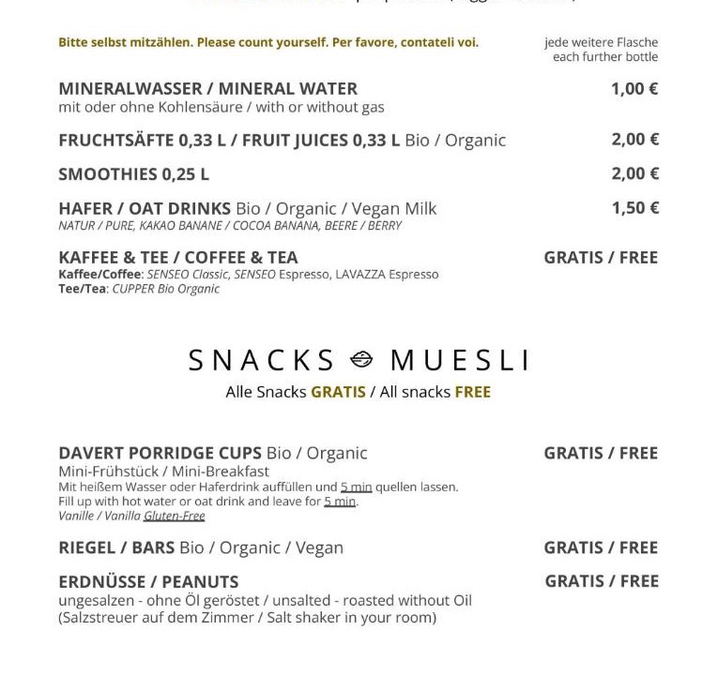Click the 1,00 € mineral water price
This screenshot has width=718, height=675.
click(634, 89)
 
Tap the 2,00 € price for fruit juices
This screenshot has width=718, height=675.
click(634, 140)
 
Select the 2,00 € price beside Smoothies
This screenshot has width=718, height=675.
click(634, 173)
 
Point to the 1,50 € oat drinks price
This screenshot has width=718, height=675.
click(634, 208)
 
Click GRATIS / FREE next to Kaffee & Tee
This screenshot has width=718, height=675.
click(601, 258)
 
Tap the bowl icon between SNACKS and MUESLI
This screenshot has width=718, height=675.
click(362, 360)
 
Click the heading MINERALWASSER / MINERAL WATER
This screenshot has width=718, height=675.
click(207, 89)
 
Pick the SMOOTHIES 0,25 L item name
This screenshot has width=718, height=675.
click(133, 174)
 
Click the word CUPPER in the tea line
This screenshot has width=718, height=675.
click(132, 289)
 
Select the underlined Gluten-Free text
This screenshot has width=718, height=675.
click(174, 516)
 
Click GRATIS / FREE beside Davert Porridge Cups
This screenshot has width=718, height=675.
click(601, 453)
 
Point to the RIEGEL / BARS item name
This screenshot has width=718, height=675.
click(116, 547)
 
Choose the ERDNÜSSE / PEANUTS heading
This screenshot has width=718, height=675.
click(148, 581)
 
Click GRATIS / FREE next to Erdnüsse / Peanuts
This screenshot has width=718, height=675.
click(602, 581)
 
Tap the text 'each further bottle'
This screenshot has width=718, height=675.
click(605, 57)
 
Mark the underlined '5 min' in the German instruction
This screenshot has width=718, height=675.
click(356, 487)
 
